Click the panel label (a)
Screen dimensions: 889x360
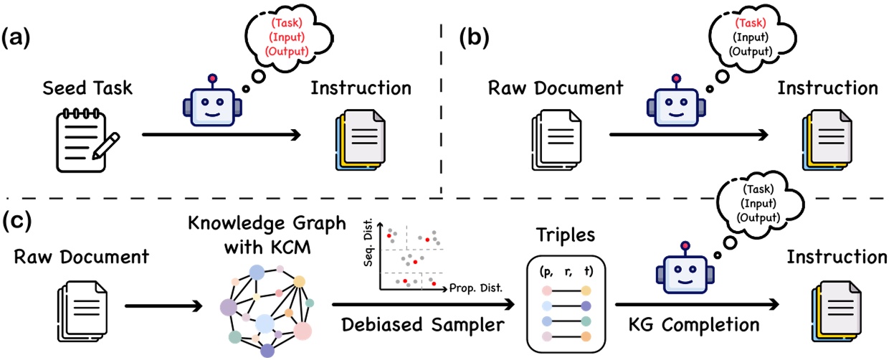pos(16,39)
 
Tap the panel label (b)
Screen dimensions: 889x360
pos(475,39)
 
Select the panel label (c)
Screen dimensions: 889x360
pos(16,221)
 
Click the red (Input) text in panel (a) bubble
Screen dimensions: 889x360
pos(287,37)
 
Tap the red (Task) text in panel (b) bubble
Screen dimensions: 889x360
pos(751,23)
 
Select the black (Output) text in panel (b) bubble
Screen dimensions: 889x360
pos(751,52)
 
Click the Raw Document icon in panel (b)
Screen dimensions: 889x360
pos(556,140)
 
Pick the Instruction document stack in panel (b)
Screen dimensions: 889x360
pos(827,140)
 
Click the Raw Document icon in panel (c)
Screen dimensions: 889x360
pos(82,311)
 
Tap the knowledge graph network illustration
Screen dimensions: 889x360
pos(267,311)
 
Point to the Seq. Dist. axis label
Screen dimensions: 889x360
pos(369,242)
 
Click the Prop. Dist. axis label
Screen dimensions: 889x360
pos(476,288)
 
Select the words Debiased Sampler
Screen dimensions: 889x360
pos(423,325)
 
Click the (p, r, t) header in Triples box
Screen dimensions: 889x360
pos(566,272)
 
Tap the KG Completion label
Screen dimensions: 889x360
pos(694,325)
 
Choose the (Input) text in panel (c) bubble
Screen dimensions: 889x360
pos(759,204)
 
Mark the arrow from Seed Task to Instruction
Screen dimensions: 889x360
pos(222,135)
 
